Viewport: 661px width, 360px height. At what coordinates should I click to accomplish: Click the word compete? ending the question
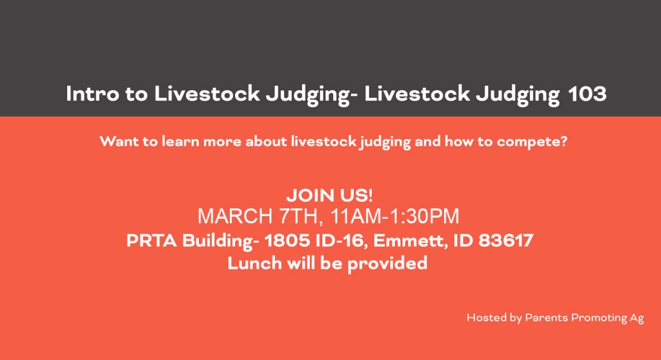click(x=532, y=142)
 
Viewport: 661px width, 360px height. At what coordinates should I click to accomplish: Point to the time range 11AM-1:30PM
click(x=394, y=216)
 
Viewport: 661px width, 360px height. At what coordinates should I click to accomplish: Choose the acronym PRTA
click(x=152, y=241)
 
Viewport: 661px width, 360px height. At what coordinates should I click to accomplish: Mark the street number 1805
click(x=287, y=241)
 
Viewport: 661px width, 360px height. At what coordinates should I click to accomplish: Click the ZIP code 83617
click(x=506, y=241)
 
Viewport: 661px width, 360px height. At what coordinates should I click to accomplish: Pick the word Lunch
click(x=254, y=263)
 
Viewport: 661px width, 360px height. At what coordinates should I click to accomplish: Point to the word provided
click(x=387, y=264)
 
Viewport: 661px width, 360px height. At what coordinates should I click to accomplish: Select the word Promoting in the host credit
click(x=599, y=318)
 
